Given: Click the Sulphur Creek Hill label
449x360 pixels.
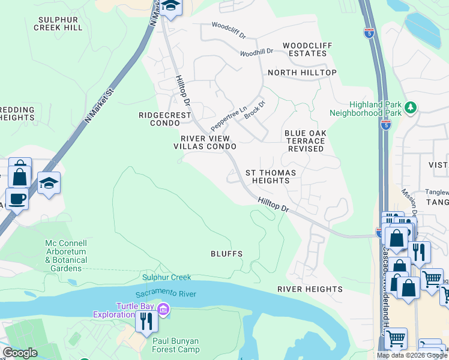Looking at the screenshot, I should point(60,23).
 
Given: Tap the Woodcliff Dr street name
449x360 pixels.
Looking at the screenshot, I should point(229,29).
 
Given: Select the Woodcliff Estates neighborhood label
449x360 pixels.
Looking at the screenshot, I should point(304,49).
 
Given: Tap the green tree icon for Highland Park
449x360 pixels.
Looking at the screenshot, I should point(411,107).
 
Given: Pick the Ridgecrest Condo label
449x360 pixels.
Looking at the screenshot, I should point(164,119).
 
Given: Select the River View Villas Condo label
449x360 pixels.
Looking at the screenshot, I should point(205,142).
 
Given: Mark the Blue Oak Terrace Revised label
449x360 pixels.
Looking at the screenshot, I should point(304,140).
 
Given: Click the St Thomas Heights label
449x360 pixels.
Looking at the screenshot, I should point(271,176).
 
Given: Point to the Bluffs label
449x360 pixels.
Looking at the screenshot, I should point(226,254).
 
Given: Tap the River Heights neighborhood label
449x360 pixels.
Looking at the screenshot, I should point(310,289).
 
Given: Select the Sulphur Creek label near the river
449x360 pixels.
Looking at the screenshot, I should point(166,277).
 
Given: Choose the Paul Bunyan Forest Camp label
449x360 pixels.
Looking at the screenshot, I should point(175,345).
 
